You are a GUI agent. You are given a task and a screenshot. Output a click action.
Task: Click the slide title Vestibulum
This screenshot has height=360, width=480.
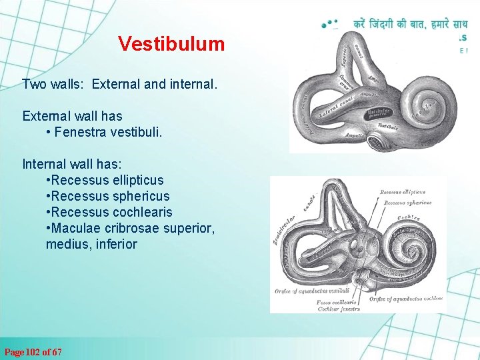pyautogui.click(x=171, y=44)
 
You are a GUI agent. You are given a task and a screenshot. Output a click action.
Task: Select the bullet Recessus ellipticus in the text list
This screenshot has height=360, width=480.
pyautogui.click(x=107, y=180)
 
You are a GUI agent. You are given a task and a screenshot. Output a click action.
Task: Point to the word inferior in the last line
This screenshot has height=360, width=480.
pyautogui.click(x=115, y=244)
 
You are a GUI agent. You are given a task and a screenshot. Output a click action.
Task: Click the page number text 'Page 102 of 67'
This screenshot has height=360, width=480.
pyautogui.click(x=33, y=351)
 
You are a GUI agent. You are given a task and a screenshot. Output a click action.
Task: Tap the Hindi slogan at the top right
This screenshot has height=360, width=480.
pyautogui.click(x=410, y=24)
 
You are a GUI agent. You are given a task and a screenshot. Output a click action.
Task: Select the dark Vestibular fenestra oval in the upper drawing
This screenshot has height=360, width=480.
pyautogui.click(x=379, y=113)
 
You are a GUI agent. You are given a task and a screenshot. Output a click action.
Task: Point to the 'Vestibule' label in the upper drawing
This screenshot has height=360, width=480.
pyautogui.click(x=388, y=126)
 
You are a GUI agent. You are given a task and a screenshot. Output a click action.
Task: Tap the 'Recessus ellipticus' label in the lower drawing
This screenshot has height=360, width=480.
pyautogui.click(x=403, y=192)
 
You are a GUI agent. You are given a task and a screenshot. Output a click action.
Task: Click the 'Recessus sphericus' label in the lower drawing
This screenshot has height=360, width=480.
pyautogui.click(x=405, y=203)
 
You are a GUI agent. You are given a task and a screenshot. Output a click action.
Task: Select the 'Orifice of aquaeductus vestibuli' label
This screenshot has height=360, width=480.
pyautogui.click(x=312, y=291)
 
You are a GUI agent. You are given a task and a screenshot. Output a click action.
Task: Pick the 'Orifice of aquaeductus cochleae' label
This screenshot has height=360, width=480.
pyautogui.click(x=405, y=298)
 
